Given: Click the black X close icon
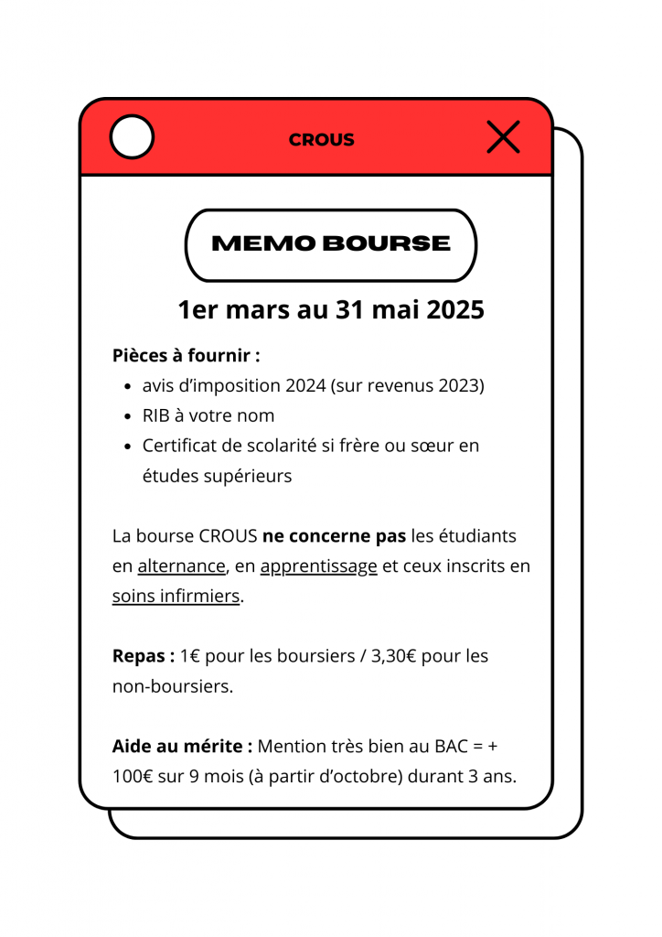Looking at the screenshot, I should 503,137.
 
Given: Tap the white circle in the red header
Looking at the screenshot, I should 132,138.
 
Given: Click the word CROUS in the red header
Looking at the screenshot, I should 322,140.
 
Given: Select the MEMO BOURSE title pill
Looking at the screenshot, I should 331,244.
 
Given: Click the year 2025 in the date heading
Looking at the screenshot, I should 448,310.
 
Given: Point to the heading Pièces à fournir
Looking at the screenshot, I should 187,355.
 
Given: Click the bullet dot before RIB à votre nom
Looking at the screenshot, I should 129,416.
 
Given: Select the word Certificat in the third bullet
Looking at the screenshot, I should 183,446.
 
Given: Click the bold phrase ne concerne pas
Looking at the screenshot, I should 334,535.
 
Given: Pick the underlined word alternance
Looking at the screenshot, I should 181,566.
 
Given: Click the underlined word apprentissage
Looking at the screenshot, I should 318,566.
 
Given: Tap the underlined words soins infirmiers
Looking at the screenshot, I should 176,597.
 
